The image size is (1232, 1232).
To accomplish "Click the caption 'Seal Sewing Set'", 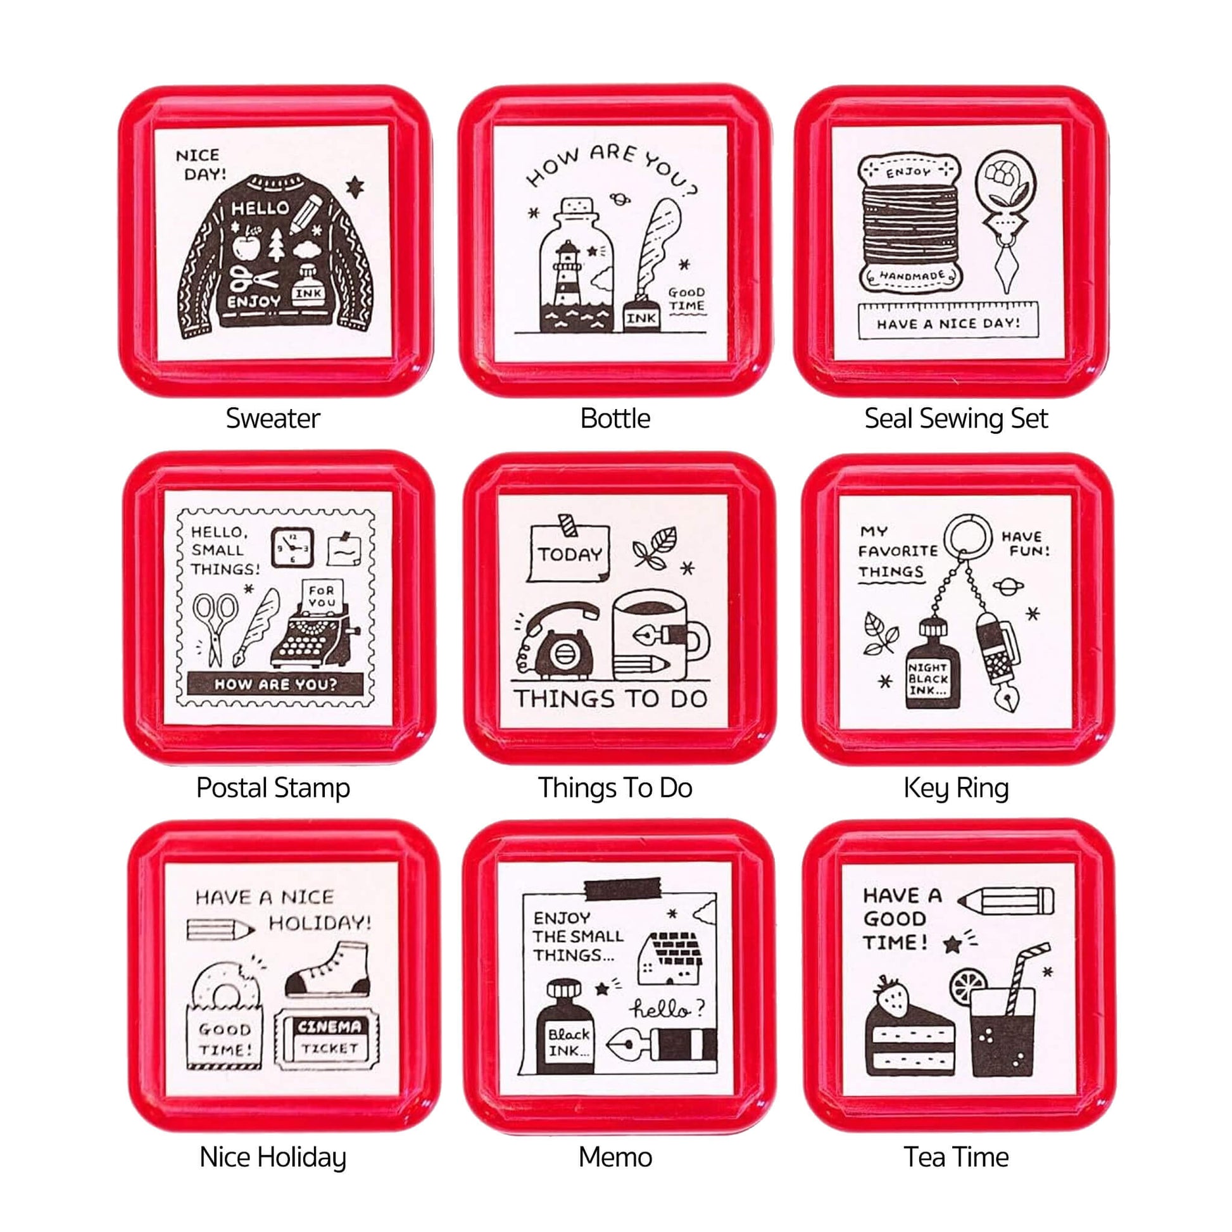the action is [956, 419].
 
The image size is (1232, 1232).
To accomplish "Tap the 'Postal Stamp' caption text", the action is [273, 788].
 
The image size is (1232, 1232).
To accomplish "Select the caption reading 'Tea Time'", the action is [956, 1157].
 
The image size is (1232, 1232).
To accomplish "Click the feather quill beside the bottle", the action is [654, 249].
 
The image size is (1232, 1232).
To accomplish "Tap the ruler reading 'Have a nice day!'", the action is [948, 321].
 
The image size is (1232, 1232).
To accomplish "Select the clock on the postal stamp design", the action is [292, 547].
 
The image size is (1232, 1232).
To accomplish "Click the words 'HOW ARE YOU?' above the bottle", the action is [612, 167].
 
